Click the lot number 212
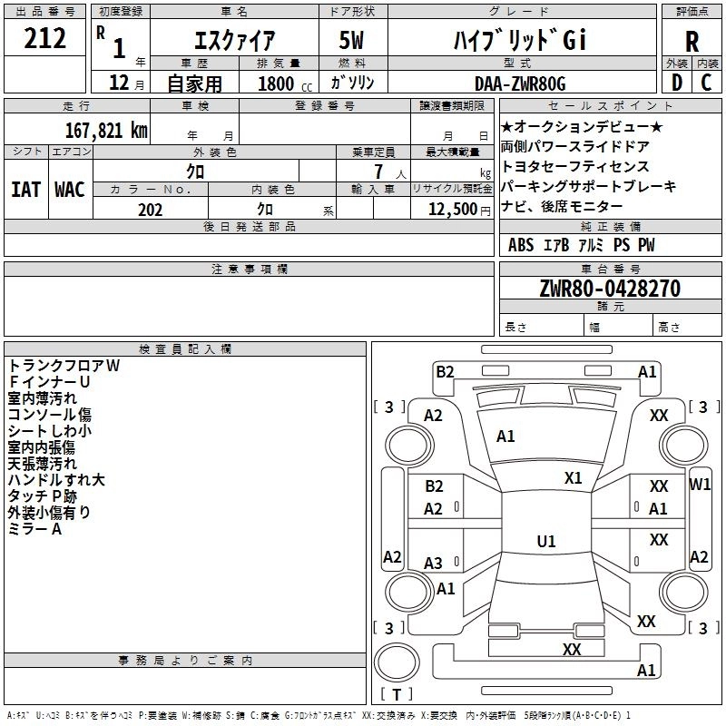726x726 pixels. pos(45,39)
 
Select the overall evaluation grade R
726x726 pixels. pos(692,42)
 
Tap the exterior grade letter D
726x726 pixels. pos(676,83)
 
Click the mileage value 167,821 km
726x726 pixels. pos(105,130)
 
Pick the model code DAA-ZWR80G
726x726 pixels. pos(521,83)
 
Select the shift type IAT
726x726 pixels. pos(25,190)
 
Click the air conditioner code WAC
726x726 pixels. pos(70,190)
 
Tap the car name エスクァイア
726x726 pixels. pos(234,41)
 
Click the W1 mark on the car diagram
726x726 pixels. pos(700,485)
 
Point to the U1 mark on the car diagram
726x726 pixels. pos(546,542)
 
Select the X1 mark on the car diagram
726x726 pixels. pos(574,478)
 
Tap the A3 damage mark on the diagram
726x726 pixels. pos(434,564)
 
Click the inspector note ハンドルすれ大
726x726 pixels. pos(56,480)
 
